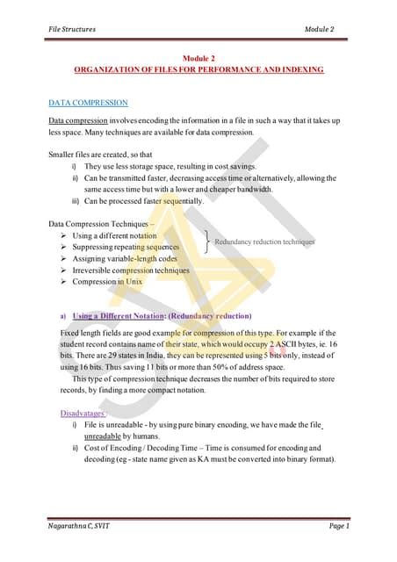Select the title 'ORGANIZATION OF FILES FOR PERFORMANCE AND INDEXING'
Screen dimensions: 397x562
tap(198, 68)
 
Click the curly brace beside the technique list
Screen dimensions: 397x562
tap(206, 241)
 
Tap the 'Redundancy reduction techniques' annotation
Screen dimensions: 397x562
tap(264, 241)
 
